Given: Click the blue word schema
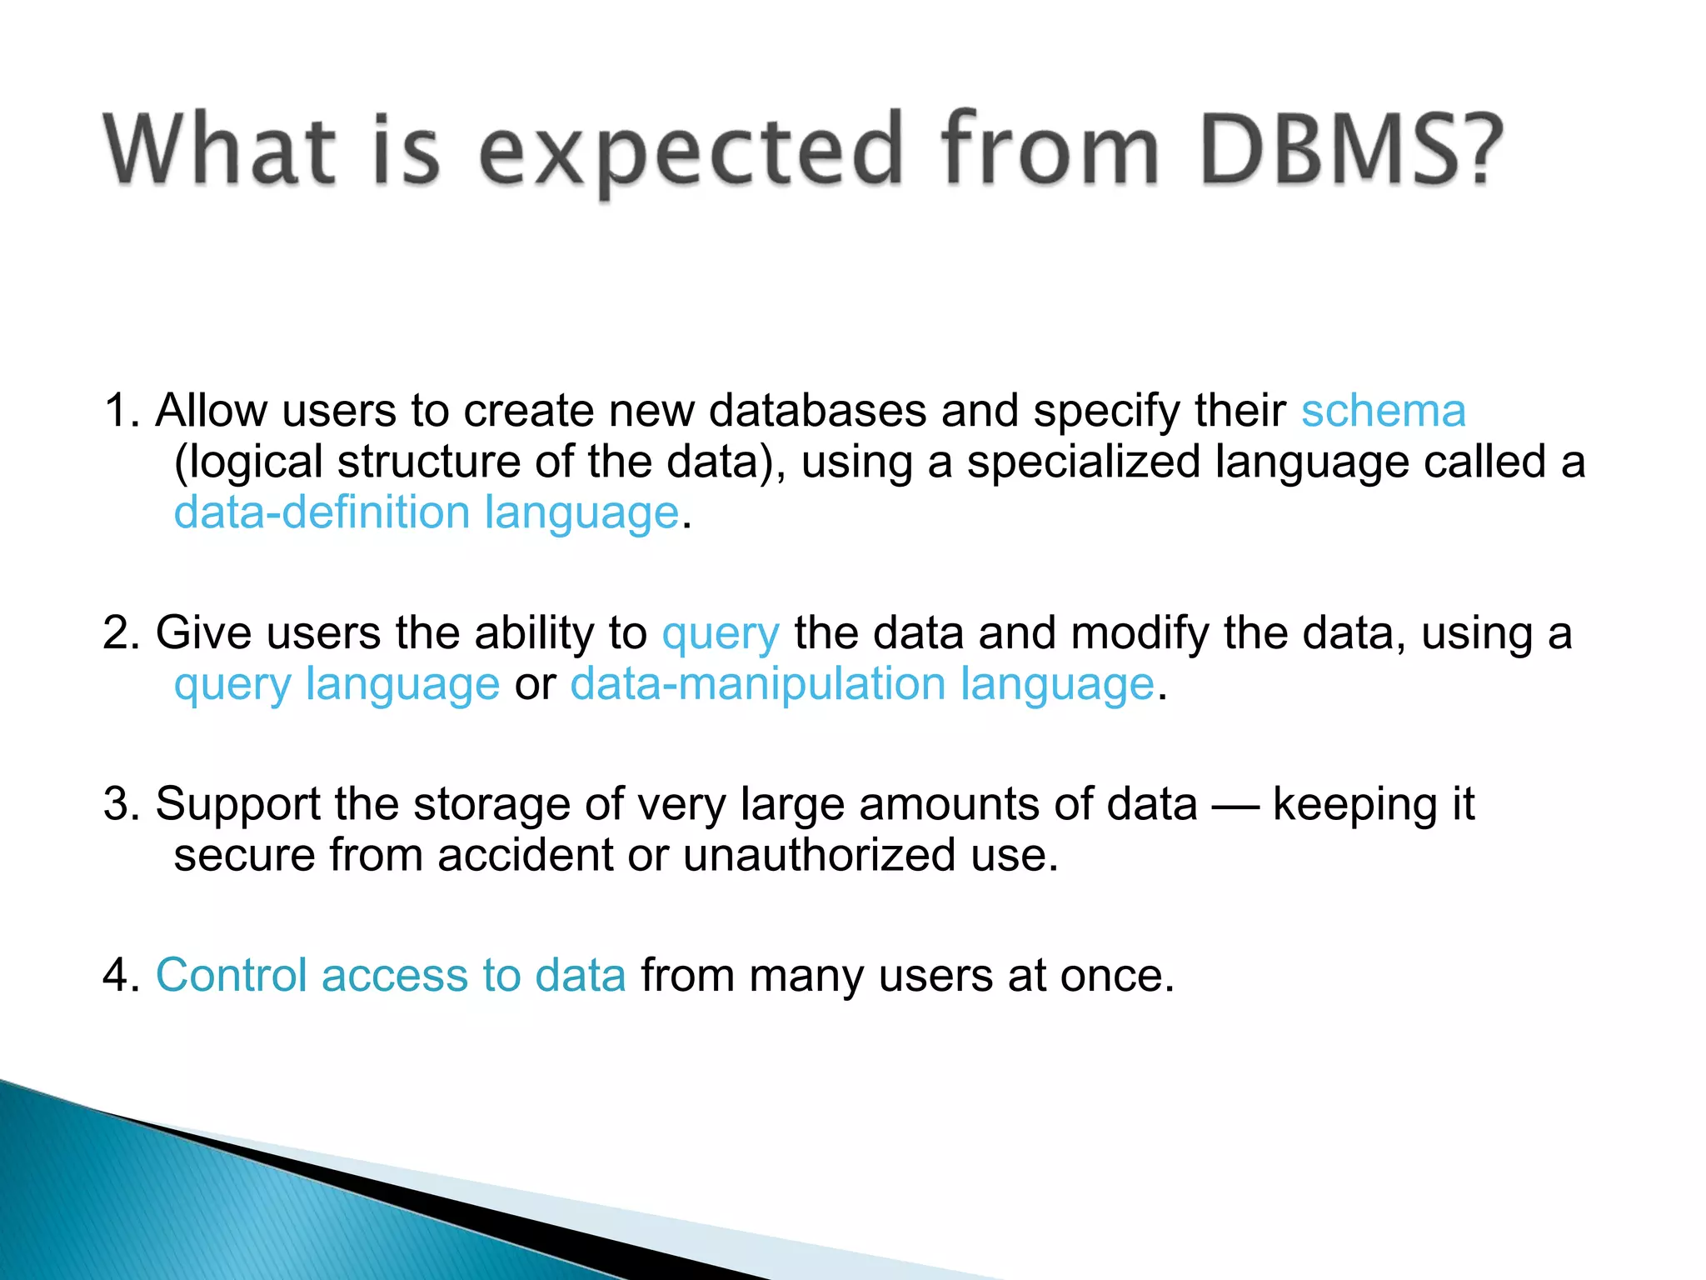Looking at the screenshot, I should point(1383,411).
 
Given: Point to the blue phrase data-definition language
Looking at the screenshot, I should point(426,512).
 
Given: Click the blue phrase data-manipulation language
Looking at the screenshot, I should point(862,684).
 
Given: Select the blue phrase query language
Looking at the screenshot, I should point(337,684).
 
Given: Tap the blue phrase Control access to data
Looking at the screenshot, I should point(391,975).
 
